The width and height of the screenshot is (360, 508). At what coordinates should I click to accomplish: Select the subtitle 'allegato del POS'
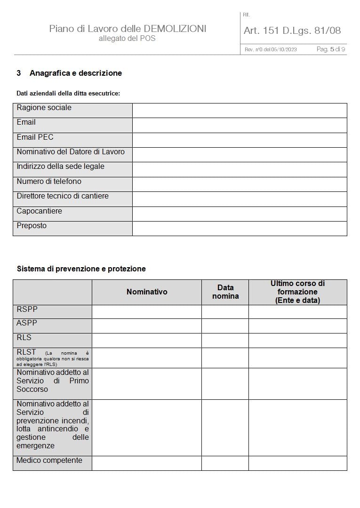(127, 39)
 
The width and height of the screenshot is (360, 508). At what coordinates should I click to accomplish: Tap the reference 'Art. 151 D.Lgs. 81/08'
(292, 31)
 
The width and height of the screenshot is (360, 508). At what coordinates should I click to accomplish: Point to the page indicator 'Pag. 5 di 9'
(331, 49)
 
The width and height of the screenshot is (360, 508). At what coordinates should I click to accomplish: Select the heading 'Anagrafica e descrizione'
(76, 73)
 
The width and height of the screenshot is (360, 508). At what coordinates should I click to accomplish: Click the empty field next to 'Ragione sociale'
(240, 111)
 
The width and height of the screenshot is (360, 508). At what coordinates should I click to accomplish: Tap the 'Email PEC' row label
(35, 137)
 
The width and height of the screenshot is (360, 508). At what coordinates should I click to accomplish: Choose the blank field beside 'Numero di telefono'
(240, 184)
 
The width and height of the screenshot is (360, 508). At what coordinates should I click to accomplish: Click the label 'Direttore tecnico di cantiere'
(63, 196)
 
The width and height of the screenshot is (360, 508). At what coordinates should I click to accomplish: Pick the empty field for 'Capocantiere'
(240, 214)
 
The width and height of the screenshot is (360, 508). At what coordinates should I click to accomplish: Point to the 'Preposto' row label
(32, 226)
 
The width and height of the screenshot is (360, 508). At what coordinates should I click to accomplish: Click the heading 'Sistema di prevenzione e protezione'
(81, 269)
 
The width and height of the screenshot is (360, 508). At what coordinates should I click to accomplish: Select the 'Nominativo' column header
(147, 292)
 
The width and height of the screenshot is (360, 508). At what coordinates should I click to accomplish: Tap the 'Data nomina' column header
(225, 292)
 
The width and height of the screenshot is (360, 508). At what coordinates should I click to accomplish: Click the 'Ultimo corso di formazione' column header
(297, 292)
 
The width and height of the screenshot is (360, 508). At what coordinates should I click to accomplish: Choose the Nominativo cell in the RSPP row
(147, 312)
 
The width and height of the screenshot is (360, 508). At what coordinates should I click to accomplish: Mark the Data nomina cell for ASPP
(225, 326)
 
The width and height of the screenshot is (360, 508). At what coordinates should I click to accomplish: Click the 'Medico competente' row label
(49, 460)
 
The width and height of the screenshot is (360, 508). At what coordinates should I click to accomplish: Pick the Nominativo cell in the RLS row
(147, 341)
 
